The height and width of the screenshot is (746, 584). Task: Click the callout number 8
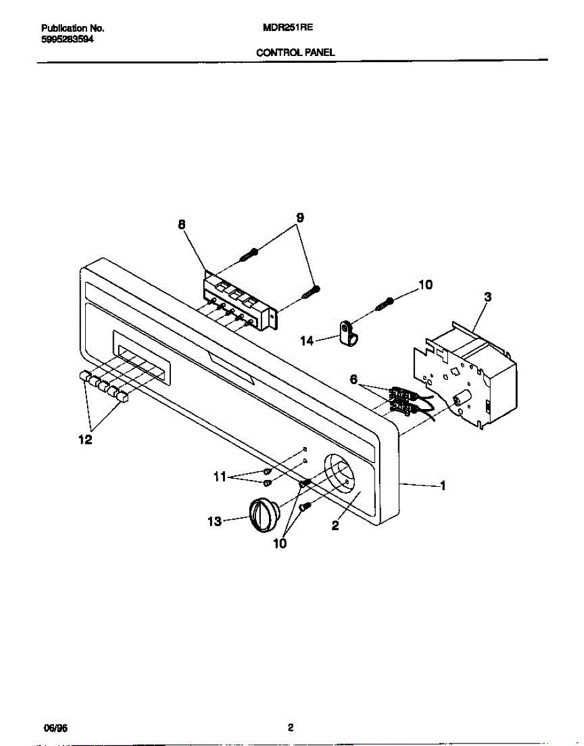[181, 226]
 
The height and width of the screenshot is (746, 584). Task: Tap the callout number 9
[300, 218]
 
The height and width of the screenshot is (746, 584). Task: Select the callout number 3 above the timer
[488, 298]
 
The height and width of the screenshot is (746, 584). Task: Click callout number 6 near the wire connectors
[354, 379]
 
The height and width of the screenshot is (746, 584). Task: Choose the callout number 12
[85, 440]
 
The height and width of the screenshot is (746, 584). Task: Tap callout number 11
[219, 477]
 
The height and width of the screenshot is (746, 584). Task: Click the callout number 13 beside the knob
[214, 522]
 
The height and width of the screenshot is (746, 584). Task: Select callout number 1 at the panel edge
[442, 487]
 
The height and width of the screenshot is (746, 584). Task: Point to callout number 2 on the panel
[335, 526]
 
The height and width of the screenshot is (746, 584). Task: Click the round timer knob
[265, 515]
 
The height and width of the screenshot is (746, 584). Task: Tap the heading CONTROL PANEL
[296, 53]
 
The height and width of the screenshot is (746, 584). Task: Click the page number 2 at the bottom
[290, 728]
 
